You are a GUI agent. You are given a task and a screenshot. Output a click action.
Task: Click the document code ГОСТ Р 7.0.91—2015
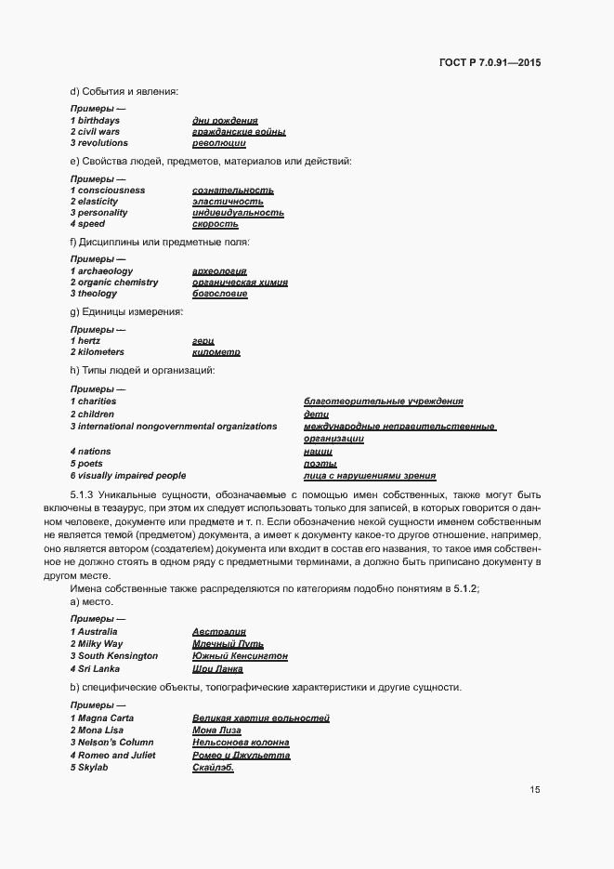click(490, 63)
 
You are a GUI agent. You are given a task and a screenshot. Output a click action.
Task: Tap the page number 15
click(535, 790)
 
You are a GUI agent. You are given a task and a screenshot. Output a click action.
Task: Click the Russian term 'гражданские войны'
click(226, 132)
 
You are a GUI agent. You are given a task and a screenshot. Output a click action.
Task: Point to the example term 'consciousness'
click(111, 191)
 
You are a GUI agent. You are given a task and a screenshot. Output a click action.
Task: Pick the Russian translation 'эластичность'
click(228, 202)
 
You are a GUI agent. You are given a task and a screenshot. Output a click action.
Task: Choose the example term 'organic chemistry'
click(118, 283)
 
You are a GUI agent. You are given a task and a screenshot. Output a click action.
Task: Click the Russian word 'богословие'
click(220, 294)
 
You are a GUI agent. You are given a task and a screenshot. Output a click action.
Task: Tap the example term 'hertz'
click(89, 341)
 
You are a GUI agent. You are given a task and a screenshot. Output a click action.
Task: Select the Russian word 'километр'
click(216, 352)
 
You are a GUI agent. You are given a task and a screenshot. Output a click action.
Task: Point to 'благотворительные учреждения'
click(384, 402)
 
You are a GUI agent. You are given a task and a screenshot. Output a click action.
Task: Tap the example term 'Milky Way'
click(102, 644)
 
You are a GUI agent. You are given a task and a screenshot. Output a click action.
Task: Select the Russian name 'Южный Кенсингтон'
click(240, 656)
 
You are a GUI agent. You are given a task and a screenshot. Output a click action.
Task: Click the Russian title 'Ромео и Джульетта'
click(242, 756)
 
